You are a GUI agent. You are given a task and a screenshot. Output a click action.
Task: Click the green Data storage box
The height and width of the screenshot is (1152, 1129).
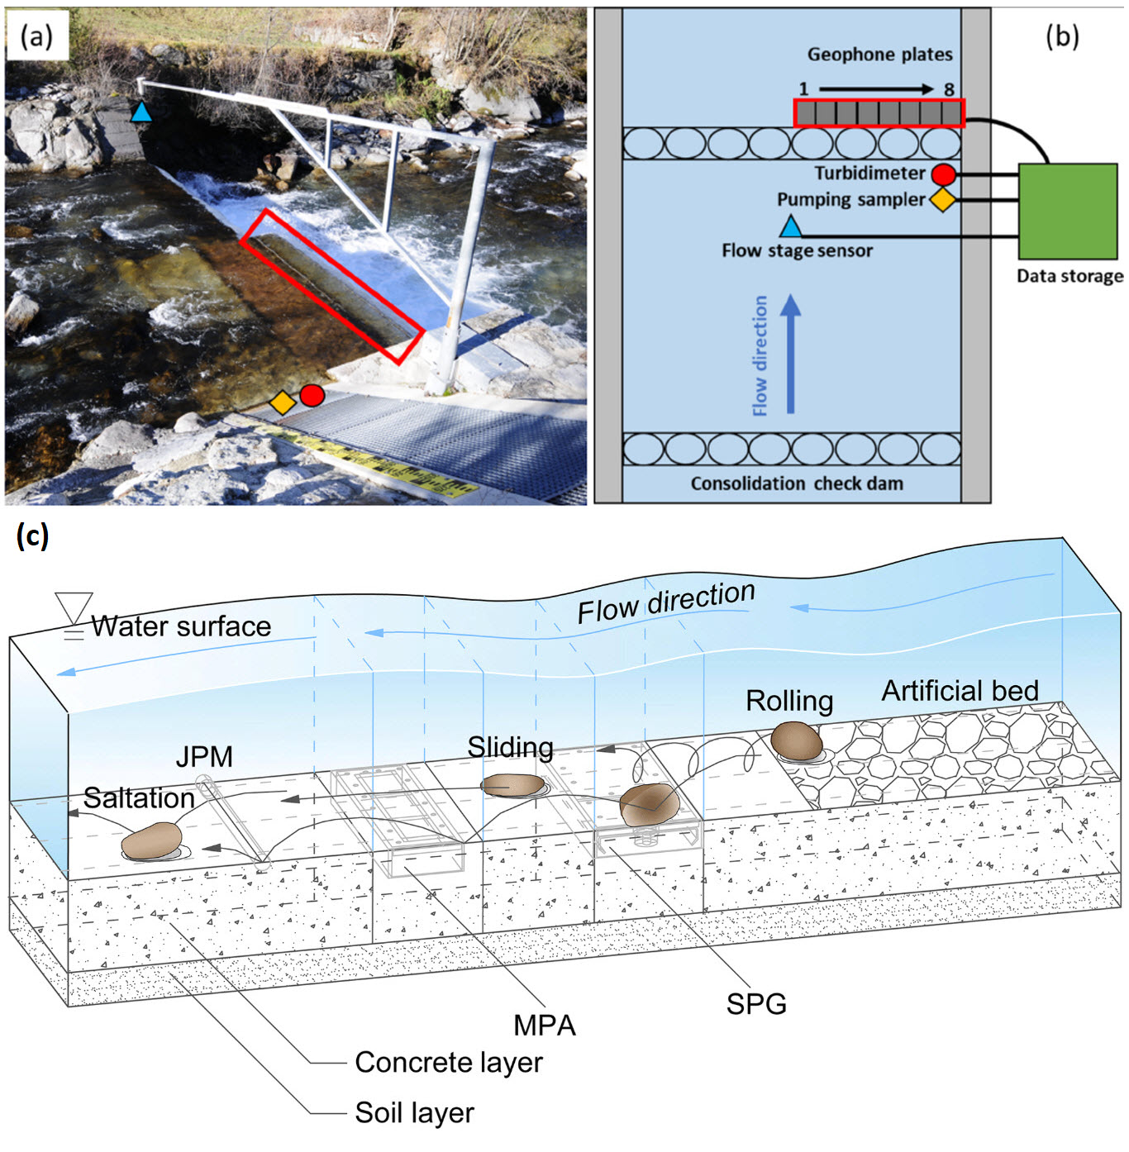point(1067,212)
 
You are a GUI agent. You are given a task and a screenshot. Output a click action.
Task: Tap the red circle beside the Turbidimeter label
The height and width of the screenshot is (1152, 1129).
point(943,174)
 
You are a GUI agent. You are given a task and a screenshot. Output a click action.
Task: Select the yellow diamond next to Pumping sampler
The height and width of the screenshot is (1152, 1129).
point(942,200)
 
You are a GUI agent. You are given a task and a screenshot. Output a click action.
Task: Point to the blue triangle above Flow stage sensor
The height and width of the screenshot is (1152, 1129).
point(791,226)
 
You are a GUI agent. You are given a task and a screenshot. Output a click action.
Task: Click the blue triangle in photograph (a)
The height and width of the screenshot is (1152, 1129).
point(142,112)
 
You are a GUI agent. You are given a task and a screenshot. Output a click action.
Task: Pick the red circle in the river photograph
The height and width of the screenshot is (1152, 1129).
point(312,396)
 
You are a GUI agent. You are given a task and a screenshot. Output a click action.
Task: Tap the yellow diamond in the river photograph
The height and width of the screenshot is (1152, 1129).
point(283,402)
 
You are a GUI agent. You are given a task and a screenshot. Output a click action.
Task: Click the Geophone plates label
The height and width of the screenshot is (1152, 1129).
point(879,55)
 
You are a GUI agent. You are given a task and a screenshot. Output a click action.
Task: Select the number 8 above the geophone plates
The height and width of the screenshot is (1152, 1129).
point(949,89)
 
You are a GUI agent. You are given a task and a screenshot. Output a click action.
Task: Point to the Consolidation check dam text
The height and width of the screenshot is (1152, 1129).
point(797,483)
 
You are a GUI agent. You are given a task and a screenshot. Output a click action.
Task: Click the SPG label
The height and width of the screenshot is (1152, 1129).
point(756,1004)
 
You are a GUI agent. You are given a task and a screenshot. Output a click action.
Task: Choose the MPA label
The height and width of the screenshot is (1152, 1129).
point(544,1026)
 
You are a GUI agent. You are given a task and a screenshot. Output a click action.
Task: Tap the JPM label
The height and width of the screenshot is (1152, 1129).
point(204,756)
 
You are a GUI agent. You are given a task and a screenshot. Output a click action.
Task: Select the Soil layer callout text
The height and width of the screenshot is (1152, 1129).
point(414,1113)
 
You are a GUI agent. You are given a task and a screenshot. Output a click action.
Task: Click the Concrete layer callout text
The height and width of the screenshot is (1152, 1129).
point(448,1063)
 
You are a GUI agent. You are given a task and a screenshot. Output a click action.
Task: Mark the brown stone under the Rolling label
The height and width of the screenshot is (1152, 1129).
point(796,740)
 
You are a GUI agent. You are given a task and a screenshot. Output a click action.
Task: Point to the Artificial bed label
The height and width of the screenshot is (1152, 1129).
point(960,691)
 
